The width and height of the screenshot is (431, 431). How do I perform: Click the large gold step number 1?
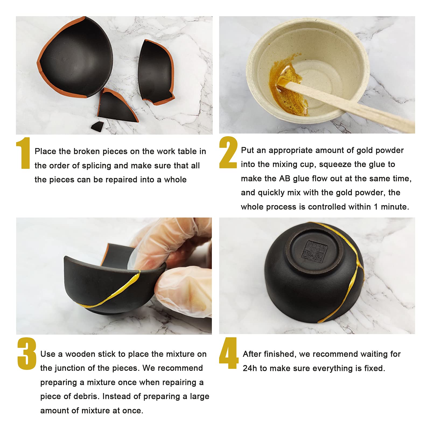click(23, 153)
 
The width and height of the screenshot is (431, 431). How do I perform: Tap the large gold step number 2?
click(228, 152)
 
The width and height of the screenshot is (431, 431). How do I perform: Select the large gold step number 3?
click(27, 354)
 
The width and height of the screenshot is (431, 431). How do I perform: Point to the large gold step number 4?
click(229, 353)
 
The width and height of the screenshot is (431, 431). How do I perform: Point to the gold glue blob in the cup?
click(288, 86)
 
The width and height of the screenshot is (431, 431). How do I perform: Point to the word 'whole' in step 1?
click(175, 180)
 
